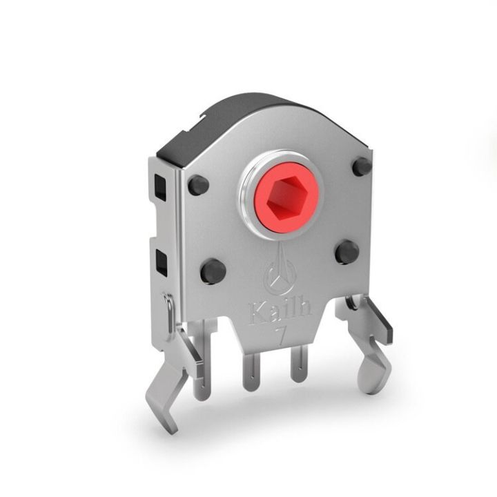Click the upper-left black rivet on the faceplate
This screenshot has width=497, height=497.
198,184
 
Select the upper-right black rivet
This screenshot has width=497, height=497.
362,166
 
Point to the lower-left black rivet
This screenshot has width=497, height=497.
213,270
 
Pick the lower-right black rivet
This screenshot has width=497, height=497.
347,251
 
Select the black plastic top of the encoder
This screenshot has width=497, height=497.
228,121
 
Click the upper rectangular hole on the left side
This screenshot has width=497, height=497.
160,186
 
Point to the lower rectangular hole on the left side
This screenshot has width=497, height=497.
162,262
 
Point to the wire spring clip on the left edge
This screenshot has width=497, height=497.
169,314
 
